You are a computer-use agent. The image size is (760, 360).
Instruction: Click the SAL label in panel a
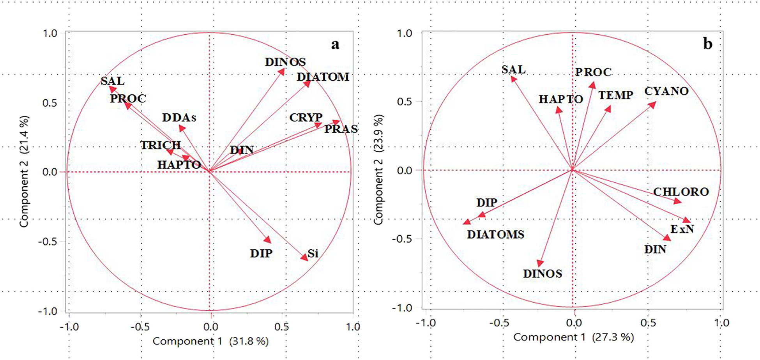(112, 81)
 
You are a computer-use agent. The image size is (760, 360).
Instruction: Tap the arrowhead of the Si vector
(304, 257)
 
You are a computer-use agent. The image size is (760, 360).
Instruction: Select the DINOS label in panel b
(542, 274)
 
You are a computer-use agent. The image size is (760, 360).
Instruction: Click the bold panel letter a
(335, 44)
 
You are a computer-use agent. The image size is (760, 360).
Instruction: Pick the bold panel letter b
(707, 44)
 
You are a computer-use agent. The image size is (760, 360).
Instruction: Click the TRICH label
(161, 145)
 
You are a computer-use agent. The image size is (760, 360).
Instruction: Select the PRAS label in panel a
(341, 129)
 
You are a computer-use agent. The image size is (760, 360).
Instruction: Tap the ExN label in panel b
(682, 229)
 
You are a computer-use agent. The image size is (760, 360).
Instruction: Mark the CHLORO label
(681, 192)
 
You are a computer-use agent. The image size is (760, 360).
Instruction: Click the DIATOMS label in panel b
(495, 235)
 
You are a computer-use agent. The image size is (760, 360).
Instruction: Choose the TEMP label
(616, 95)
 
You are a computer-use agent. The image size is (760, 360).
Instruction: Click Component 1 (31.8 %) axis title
(210, 341)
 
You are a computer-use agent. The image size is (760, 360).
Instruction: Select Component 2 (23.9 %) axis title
(378, 169)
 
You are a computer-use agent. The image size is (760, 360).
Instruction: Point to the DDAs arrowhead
(182, 128)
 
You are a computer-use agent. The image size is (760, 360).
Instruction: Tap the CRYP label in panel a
(306, 117)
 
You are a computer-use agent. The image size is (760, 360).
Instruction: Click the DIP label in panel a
(261, 253)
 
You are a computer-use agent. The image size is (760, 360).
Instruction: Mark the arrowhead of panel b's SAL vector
(514, 79)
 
